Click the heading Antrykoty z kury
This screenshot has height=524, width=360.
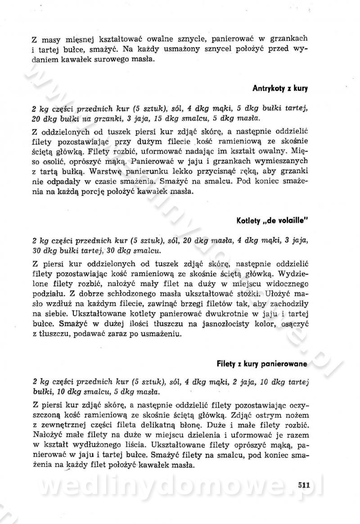pyautogui.click(x=279, y=89)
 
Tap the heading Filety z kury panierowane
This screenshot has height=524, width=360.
pyautogui.click(x=262, y=363)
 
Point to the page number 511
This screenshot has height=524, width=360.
pyautogui.click(x=304, y=485)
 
